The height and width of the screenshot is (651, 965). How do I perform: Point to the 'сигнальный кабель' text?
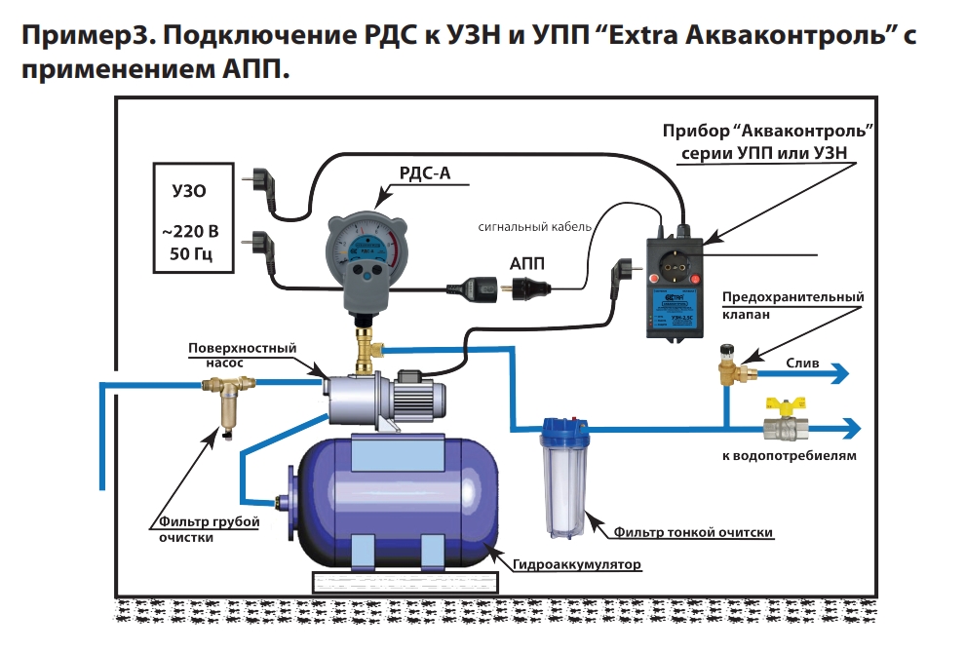(535, 226)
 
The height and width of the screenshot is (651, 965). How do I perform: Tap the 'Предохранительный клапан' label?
(792, 306)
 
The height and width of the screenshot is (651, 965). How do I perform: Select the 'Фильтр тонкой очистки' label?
(693, 532)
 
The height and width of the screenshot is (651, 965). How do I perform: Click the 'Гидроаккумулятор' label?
(577, 565)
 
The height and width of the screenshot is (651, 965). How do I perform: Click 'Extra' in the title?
(633, 37)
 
